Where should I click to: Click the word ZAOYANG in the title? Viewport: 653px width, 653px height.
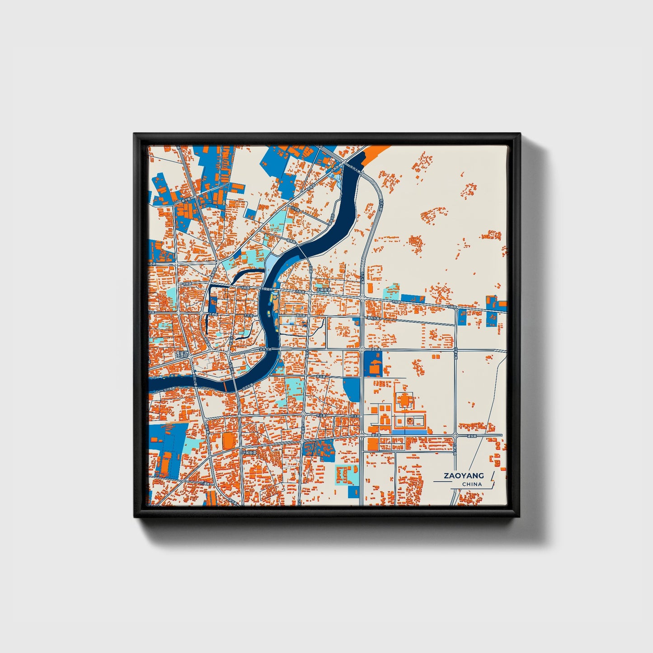click(x=464, y=475)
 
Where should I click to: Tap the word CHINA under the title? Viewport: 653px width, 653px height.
click(x=472, y=484)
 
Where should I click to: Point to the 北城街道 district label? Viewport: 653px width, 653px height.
click(x=324, y=290)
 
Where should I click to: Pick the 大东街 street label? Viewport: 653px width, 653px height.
click(x=248, y=315)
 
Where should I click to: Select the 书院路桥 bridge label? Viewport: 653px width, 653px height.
click(x=268, y=288)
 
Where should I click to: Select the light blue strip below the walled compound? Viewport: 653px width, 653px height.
click(x=409, y=432)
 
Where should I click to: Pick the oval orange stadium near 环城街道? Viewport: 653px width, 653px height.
click(x=229, y=440)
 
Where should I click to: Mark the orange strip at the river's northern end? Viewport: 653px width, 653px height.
click(x=373, y=152)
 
